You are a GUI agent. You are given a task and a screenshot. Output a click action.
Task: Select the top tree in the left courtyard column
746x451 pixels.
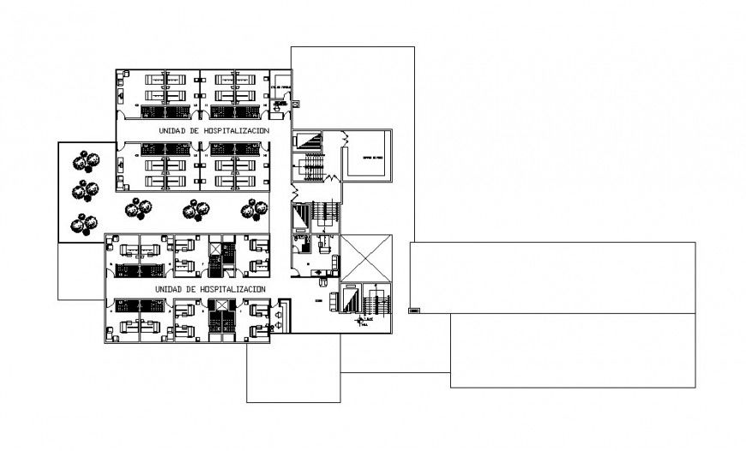(85, 160)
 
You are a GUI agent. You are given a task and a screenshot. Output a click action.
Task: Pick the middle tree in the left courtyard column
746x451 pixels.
(85, 189)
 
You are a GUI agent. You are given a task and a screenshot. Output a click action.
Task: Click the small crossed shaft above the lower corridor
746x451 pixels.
(214, 249)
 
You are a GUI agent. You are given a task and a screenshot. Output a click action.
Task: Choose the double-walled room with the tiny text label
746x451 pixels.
(369, 155)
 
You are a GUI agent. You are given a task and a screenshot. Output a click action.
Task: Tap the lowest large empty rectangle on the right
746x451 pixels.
(573, 350)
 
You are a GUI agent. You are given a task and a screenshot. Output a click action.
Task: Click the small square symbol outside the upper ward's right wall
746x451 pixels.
(296, 104)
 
